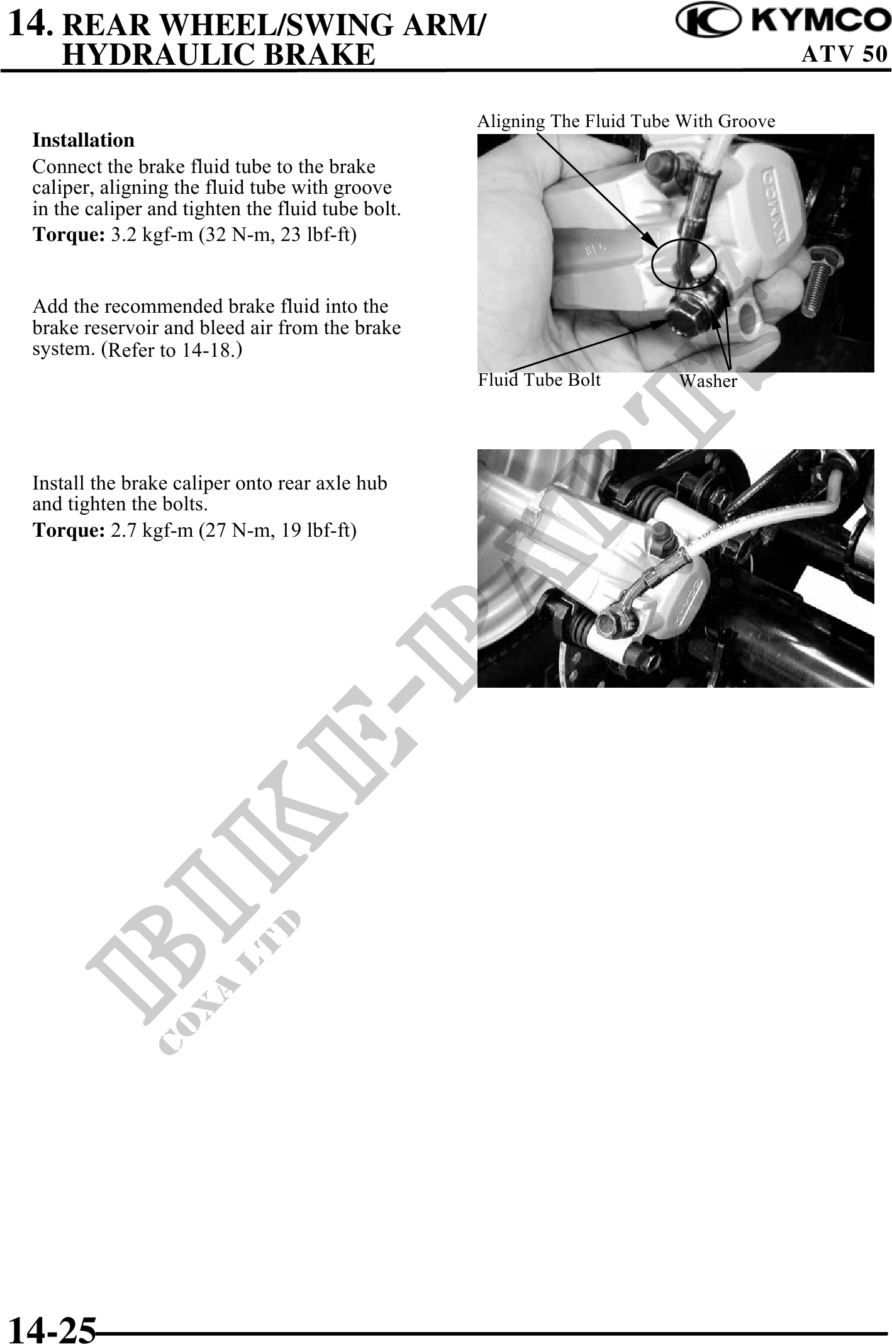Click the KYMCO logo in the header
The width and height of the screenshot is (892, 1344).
(x=783, y=21)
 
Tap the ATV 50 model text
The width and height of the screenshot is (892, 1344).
(x=844, y=54)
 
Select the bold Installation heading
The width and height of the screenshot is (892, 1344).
(x=84, y=140)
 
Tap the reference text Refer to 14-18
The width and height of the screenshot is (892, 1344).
(x=173, y=350)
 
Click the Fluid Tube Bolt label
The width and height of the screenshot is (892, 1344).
(x=539, y=380)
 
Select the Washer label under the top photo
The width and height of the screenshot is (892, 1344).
(x=708, y=381)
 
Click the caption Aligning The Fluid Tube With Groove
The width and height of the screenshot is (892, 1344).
(x=626, y=121)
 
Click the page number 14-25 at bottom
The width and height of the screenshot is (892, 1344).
(x=52, y=1328)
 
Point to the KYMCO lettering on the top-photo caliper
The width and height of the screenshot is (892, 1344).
(x=778, y=203)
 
